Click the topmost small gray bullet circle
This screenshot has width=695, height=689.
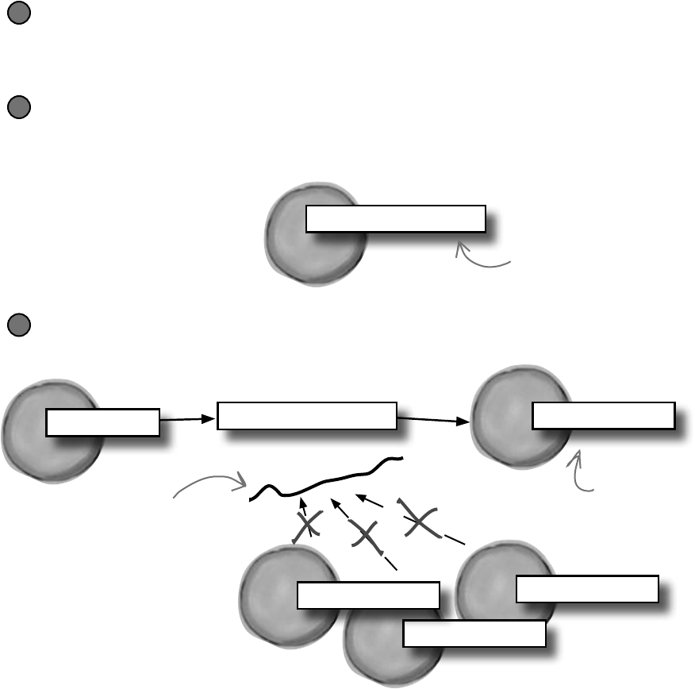point(19,15)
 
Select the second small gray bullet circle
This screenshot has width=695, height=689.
point(19,107)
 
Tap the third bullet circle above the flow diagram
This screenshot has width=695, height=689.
point(19,325)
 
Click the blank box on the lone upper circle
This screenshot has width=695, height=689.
point(395,218)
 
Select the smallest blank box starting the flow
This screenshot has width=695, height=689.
point(102,422)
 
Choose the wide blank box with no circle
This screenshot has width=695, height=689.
point(306,416)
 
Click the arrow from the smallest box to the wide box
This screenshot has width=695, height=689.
point(188,418)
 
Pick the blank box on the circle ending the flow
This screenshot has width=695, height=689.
point(603,416)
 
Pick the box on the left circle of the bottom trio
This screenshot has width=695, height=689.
point(368,595)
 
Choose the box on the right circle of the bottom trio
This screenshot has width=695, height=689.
point(586,589)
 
